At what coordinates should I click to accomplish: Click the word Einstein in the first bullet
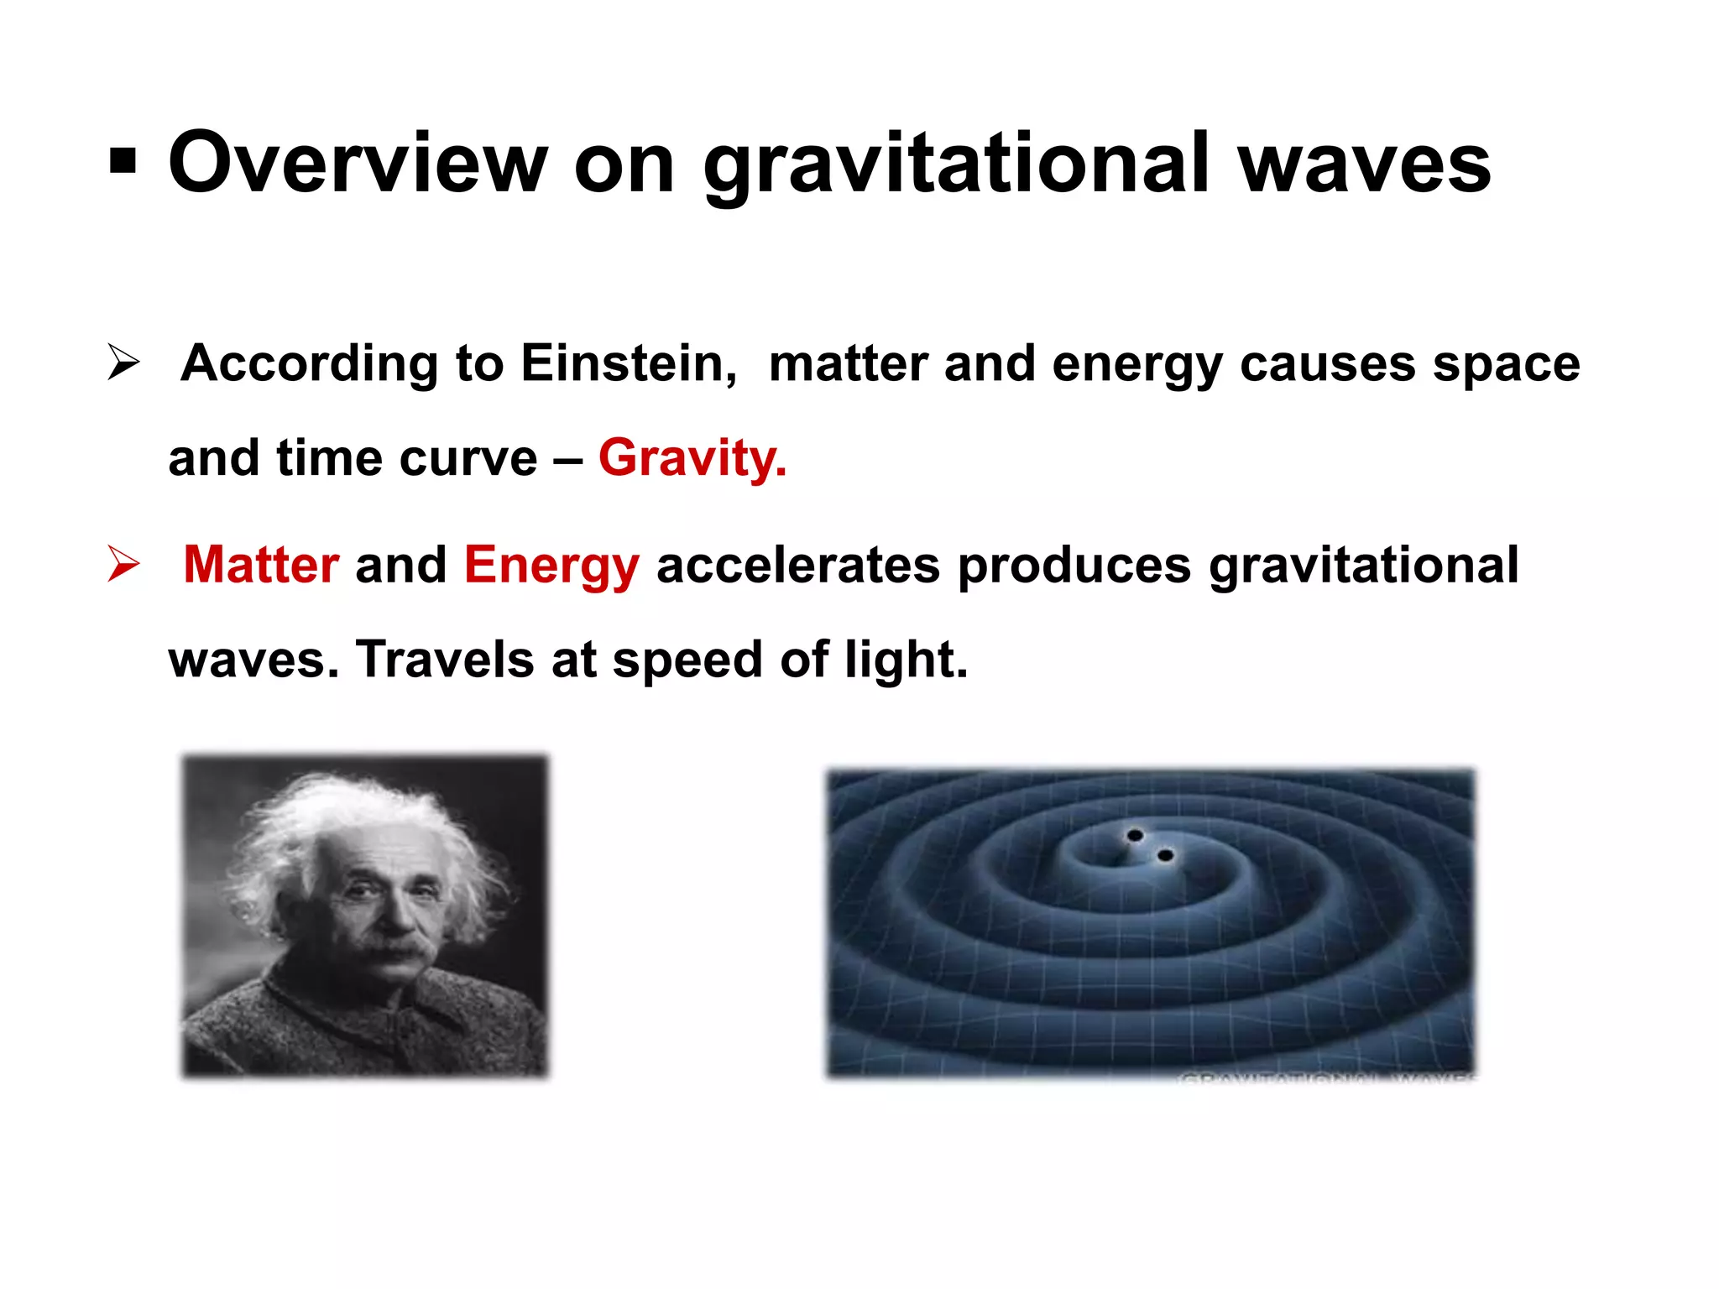pos(628,363)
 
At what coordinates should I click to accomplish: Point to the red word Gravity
pos(692,458)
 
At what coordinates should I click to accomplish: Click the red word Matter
pos(261,565)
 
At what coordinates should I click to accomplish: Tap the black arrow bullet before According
pos(123,363)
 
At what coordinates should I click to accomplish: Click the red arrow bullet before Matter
pos(123,563)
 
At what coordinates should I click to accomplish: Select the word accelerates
pos(797,565)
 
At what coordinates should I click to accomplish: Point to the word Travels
pos(445,660)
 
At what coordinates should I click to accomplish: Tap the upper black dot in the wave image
pos(1135,835)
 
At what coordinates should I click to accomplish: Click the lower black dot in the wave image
pos(1165,855)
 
